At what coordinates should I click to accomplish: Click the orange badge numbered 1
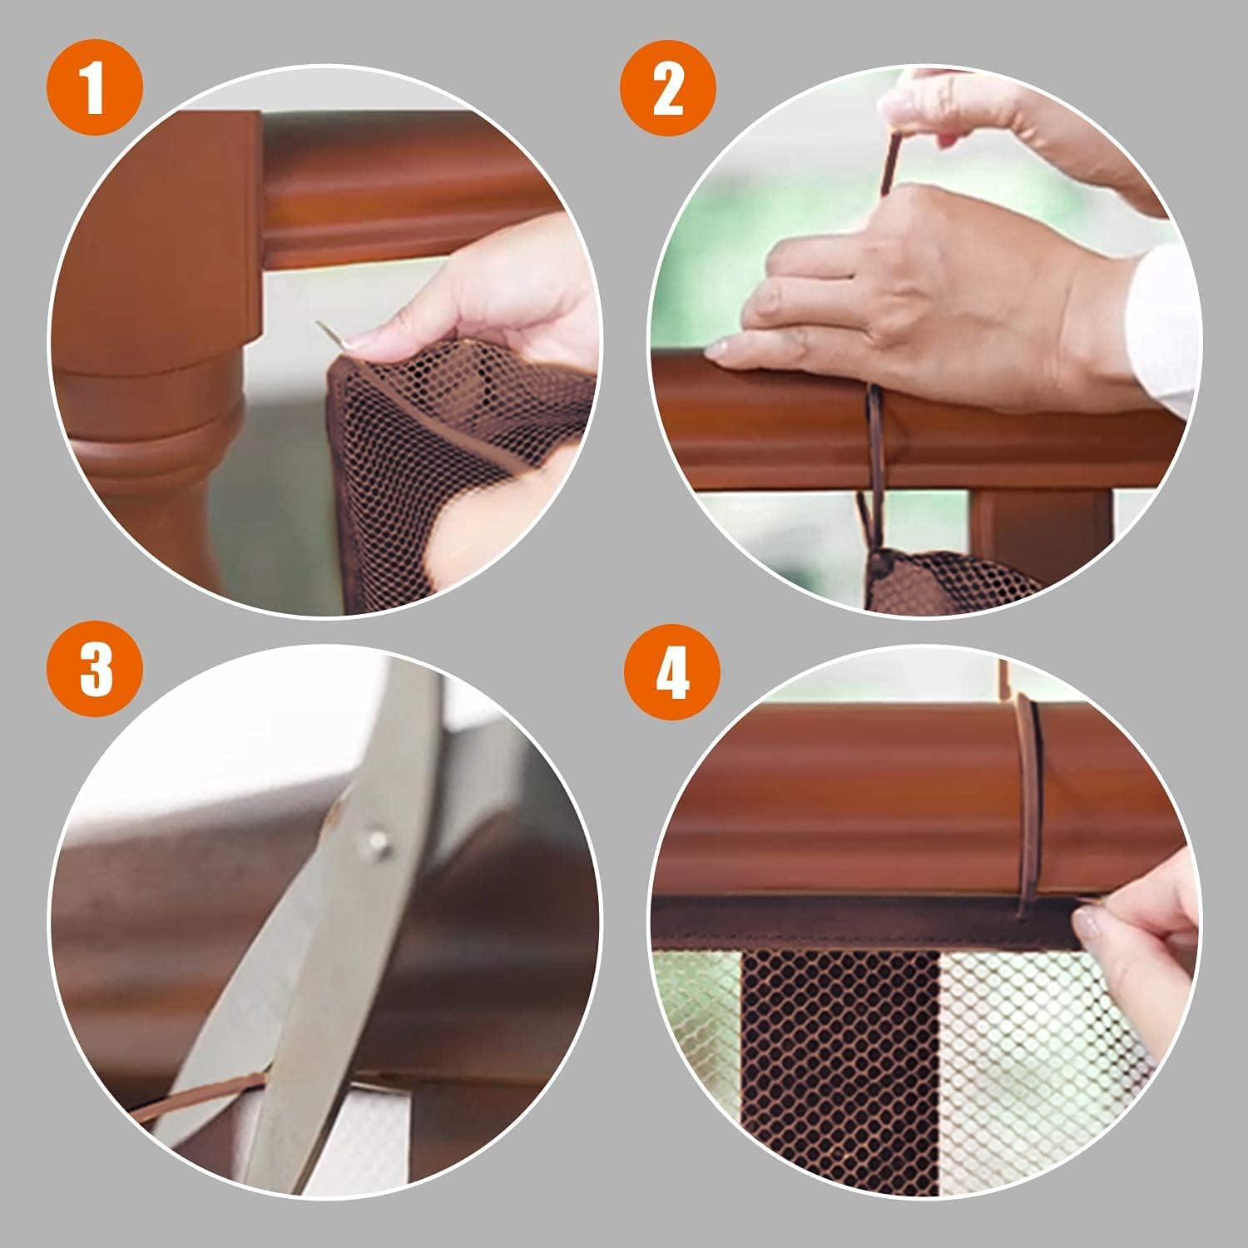95,91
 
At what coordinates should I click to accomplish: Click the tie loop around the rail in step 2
874,449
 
